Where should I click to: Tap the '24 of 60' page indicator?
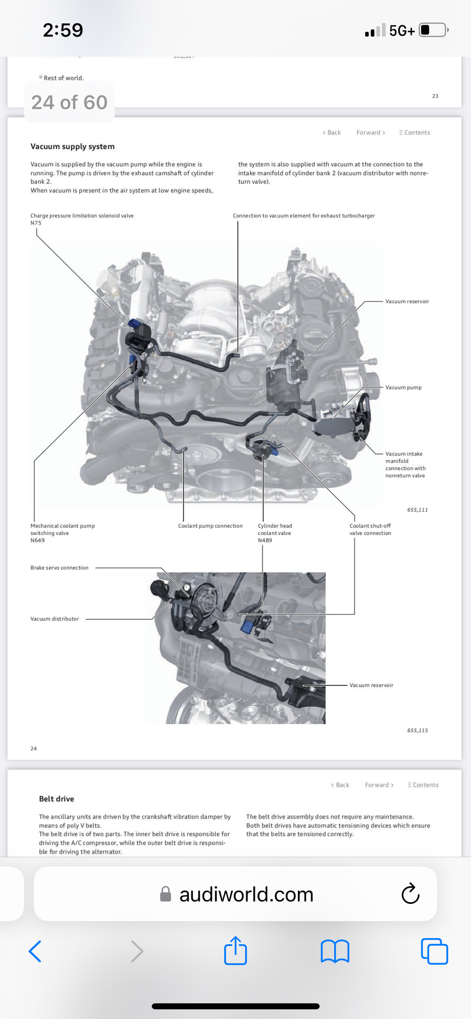tap(69, 102)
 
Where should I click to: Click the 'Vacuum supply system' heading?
tap(72, 146)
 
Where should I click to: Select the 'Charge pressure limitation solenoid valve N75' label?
tap(81, 219)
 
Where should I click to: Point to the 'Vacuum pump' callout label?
tap(403, 387)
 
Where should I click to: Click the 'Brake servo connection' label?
tap(59, 568)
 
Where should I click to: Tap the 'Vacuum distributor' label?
tap(55, 619)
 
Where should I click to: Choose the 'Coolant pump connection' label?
tap(210, 526)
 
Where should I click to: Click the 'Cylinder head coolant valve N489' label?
tap(274, 533)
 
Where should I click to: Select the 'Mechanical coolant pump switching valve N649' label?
tap(62, 533)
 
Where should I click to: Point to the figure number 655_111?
tap(417, 510)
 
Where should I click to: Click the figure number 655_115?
tap(417, 730)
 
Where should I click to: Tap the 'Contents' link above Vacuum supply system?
tap(415, 133)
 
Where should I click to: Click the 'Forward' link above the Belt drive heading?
tap(379, 785)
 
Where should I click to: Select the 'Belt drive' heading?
tap(56, 799)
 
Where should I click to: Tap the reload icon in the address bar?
tap(410, 894)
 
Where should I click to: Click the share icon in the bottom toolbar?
tap(235, 951)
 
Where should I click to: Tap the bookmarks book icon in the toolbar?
tap(335, 951)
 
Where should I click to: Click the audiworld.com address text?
tap(246, 895)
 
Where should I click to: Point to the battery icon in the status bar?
tap(433, 30)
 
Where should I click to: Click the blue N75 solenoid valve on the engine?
tap(135, 324)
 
